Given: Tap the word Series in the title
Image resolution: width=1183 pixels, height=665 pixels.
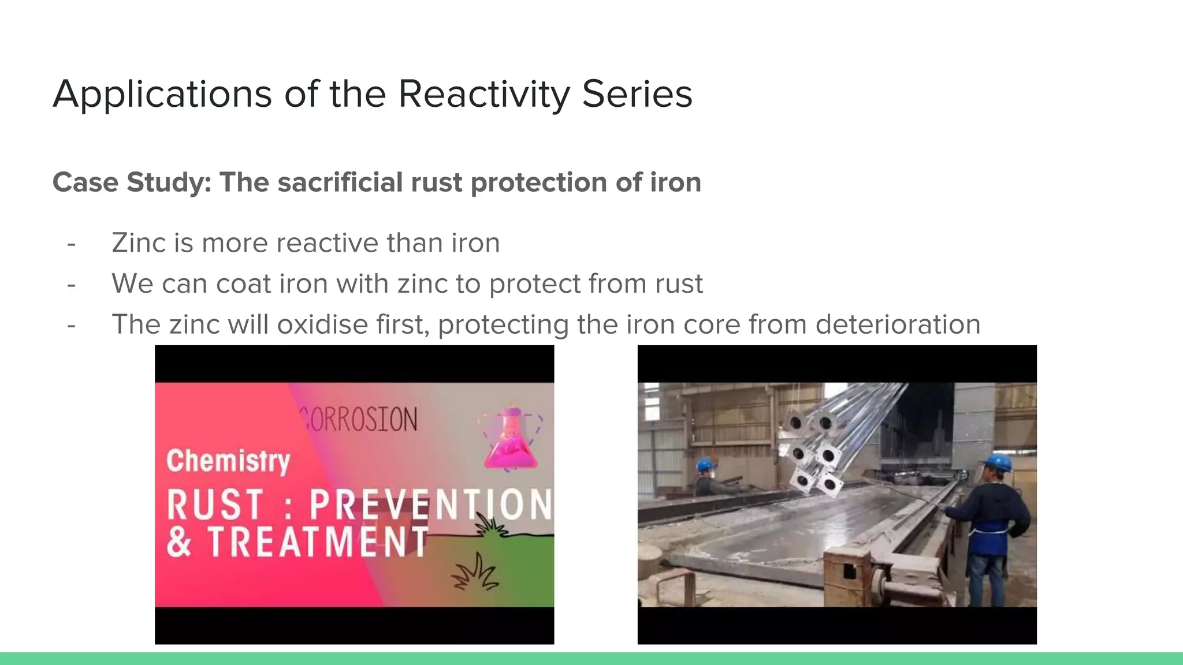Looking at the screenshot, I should point(637,94).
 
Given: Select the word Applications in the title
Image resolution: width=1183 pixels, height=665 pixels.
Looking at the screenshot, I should point(162,94).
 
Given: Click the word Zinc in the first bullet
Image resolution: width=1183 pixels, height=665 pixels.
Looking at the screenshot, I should point(138,243).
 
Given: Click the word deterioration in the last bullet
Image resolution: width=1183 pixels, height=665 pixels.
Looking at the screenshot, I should point(898,324).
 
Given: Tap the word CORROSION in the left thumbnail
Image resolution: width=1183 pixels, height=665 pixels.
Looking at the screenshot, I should point(359,420).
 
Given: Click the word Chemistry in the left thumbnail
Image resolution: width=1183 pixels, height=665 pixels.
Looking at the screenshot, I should point(228,461).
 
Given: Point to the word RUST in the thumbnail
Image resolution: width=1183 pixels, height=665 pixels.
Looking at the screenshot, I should point(215,505).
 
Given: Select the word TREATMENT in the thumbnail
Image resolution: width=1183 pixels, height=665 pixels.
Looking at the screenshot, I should point(318,542).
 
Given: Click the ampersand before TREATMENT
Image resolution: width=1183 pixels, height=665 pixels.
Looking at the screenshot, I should point(179,542).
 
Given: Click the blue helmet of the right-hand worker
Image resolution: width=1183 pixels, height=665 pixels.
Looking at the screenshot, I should point(998,462).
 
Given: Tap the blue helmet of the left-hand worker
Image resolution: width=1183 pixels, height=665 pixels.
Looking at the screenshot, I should point(705,465).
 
